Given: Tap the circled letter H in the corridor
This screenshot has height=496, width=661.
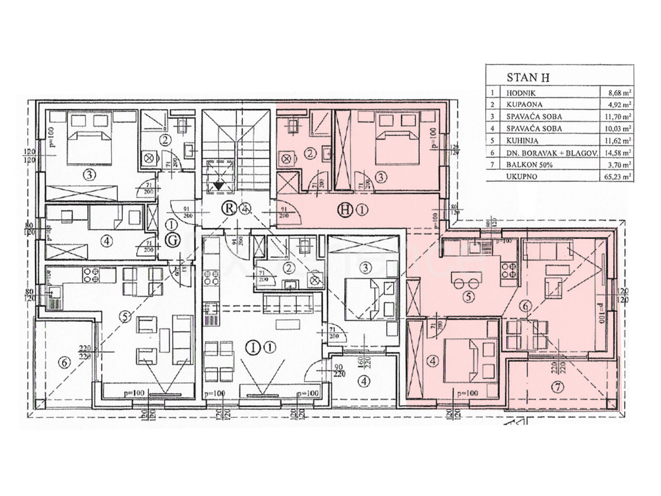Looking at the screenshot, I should coord(345,209).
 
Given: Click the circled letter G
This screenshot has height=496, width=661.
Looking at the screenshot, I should coord(171,240).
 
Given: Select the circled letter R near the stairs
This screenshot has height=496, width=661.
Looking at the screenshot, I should coord(228,208).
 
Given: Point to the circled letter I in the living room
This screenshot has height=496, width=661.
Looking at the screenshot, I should coord(253,347).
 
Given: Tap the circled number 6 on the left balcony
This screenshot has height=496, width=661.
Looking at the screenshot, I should coord(64,363).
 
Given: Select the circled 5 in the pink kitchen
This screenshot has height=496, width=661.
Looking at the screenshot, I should coord(468,297).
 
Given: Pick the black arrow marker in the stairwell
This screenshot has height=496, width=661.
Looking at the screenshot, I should coord(219,185).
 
